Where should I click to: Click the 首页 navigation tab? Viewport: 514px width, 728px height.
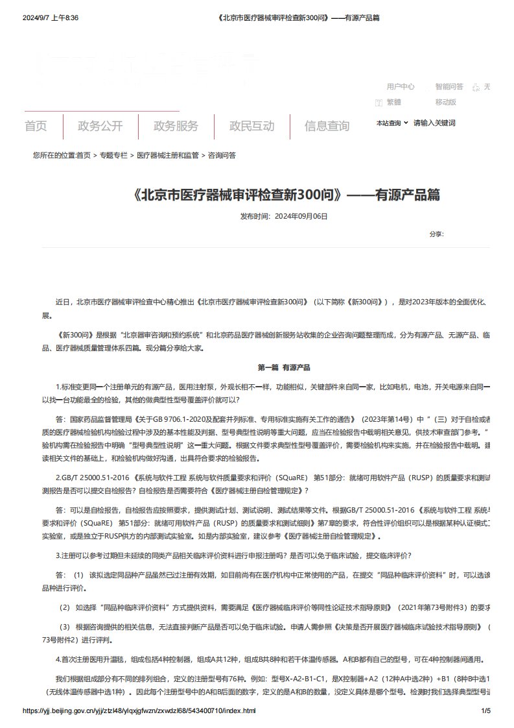click(x=36, y=126)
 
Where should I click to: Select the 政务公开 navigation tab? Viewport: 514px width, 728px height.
click(x=100, y=126)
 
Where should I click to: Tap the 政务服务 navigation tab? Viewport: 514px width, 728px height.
click(x=176, y=126)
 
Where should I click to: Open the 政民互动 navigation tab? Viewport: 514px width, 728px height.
click(x=251, y=126)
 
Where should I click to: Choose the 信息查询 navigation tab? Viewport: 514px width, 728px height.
click(x=327, y=126)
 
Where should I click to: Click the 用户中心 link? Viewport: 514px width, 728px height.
click(x=401, y=86)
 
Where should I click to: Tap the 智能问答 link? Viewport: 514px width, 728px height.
click(x=449, y=86)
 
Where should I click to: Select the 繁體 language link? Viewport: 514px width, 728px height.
click(x=393, y=102)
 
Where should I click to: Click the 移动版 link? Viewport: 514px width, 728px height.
click(x=446, y=102)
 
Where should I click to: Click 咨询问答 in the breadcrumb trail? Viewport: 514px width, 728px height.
click(x=222, y=156)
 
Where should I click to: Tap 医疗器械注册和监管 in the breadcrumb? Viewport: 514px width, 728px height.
click(x=167, y=156)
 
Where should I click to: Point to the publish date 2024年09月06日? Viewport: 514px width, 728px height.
click(x=301, y=215)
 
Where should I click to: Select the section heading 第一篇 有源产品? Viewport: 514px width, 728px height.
click(x=284, y=367)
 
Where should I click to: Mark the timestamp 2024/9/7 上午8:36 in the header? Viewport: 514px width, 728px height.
click(x=51, y=18)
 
